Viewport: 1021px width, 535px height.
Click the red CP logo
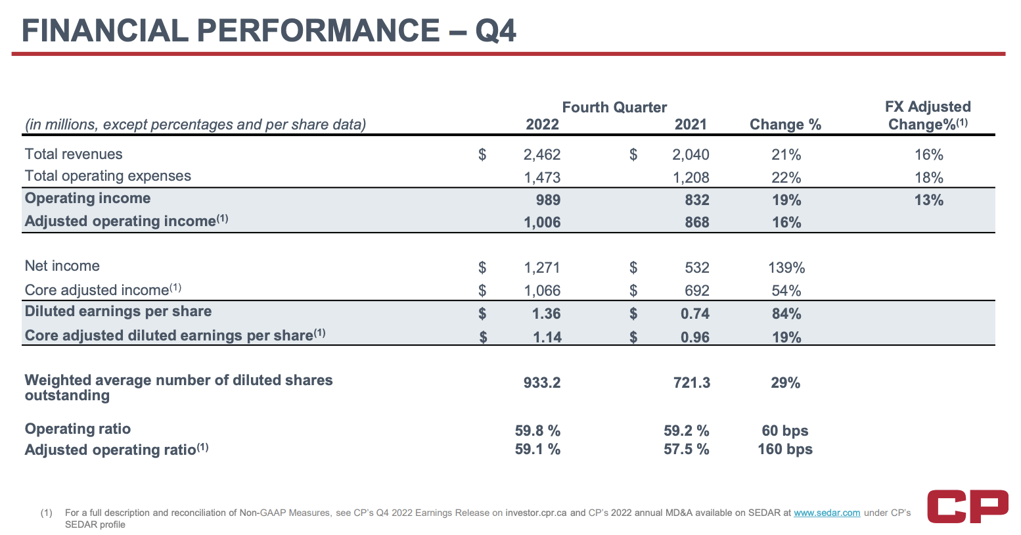pyautogui.click(x=967, y=506)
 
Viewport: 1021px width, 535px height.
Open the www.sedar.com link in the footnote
pyautogui.click(x=827, y=513)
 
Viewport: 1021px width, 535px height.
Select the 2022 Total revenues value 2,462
pyautogui.click(x=542, y=155)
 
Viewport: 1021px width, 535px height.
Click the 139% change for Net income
pyautogui.click(x=786, y=267)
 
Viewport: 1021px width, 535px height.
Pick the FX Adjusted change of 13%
pyautogui.click(x=928, y=200)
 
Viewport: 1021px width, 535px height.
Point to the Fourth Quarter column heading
pyautogui.click(x=614, y=108)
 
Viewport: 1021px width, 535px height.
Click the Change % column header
pyautogui.click(x=785, y=125)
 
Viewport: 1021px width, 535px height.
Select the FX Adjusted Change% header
pyautogui.click(x=928, y=116)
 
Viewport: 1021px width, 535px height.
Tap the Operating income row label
pyautogui.click(x=87, y=198)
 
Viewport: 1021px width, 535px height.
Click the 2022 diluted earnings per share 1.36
pyautogui.click(x=546, y=314)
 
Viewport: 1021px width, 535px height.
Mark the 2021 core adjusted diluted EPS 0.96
pyautogui.click(x=694, y=337)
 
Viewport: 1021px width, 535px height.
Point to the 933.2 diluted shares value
pyautogui.click(x=541, y=383)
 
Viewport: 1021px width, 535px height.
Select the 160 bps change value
pyautogui.click(x=784, y=450)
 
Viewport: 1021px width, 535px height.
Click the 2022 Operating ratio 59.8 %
pyautogui.click(x=537, y=431)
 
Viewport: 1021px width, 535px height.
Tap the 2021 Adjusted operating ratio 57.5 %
pyautogui.click(x=686, y=450)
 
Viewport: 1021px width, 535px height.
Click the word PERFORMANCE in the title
pyautogui.click(x=318, y=31)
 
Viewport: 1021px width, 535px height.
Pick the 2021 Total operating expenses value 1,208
pyautogui.click(x=691, y=177)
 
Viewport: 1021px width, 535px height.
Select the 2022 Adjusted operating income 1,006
pyautogui.click(x=542, y=223)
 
